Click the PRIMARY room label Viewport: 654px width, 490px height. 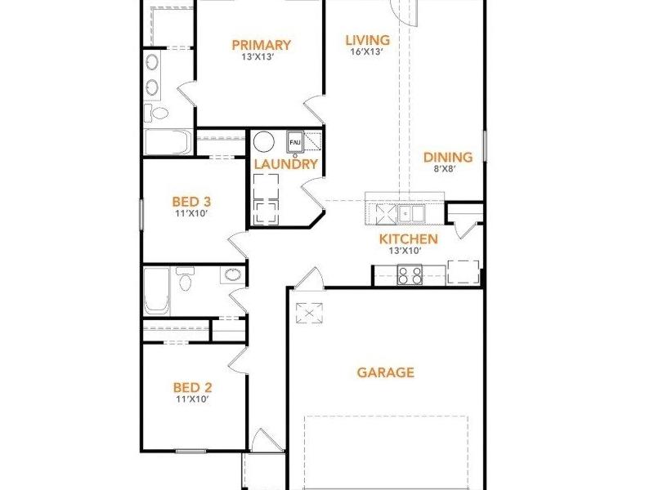[261, 45]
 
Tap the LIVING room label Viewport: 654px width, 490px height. [368, 40]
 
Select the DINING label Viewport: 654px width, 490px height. [448, 158]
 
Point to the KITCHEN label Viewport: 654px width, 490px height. [408, 239]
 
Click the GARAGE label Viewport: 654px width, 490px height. [386, 372]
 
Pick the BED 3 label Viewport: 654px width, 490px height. [191, 202]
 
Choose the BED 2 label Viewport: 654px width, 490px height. [192, 388]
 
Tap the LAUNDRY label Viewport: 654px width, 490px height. [286, 164]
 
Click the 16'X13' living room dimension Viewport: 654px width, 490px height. [367, 51]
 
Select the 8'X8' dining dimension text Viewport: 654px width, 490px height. [444, 169]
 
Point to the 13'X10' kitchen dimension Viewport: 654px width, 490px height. [405, 251]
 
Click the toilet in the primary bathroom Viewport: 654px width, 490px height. [156, 113]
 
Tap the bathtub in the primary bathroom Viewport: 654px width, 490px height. [168, 142]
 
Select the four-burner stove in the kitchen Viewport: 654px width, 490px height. [410, 275]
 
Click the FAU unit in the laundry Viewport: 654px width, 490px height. [295, 141]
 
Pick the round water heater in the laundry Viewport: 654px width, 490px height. [263, 141]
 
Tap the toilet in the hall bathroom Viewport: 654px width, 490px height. [185, 278]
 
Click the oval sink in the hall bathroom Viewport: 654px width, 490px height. [233, 275]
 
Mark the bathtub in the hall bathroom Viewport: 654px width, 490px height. [157, 291]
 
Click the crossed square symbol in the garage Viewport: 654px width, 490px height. [309, 313]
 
